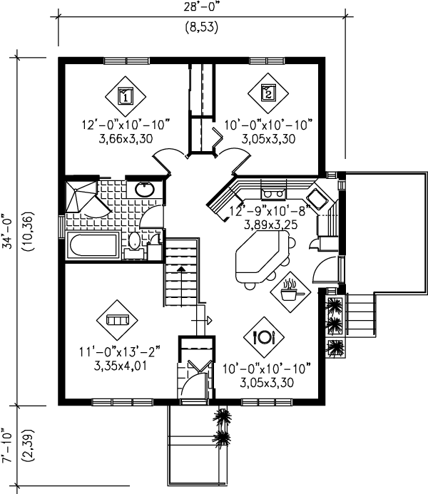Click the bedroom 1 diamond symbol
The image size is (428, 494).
pyautogui.click(x=126, y=96)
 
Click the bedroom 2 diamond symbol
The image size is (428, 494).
pyautogui.click(x=268, y=93)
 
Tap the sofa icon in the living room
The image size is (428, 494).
pyautogui.click(x=117, y=320)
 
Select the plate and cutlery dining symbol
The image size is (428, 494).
pyautogui.click(x=264, y=337)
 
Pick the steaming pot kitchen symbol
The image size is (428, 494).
pyautogui.click(x=290, y=292)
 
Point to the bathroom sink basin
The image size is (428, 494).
pyautogui.click(x=145, y=190)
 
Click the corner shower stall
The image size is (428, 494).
pyautogui.click(x=81, y=197)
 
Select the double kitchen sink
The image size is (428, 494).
pyautogui.click(x=273, y=192)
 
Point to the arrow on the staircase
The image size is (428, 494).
pyautogui.click(x=181, y=286)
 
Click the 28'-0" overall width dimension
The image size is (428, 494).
pyautogui.click(x=201, y=7)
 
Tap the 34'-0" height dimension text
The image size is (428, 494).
pyautogui.click(x=8, y=232)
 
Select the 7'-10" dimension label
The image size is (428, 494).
pyautogui.click(x=7, y=445)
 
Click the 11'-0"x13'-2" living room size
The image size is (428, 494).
pyautogui.click(x=120, y=351)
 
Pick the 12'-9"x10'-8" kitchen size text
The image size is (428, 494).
pyautogui.click(x=270, y=211)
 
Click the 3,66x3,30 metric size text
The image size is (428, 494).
pyautogui.click(x=126, y=138)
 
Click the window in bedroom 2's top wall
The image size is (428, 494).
pyautogui.click(x=267, y=61)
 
